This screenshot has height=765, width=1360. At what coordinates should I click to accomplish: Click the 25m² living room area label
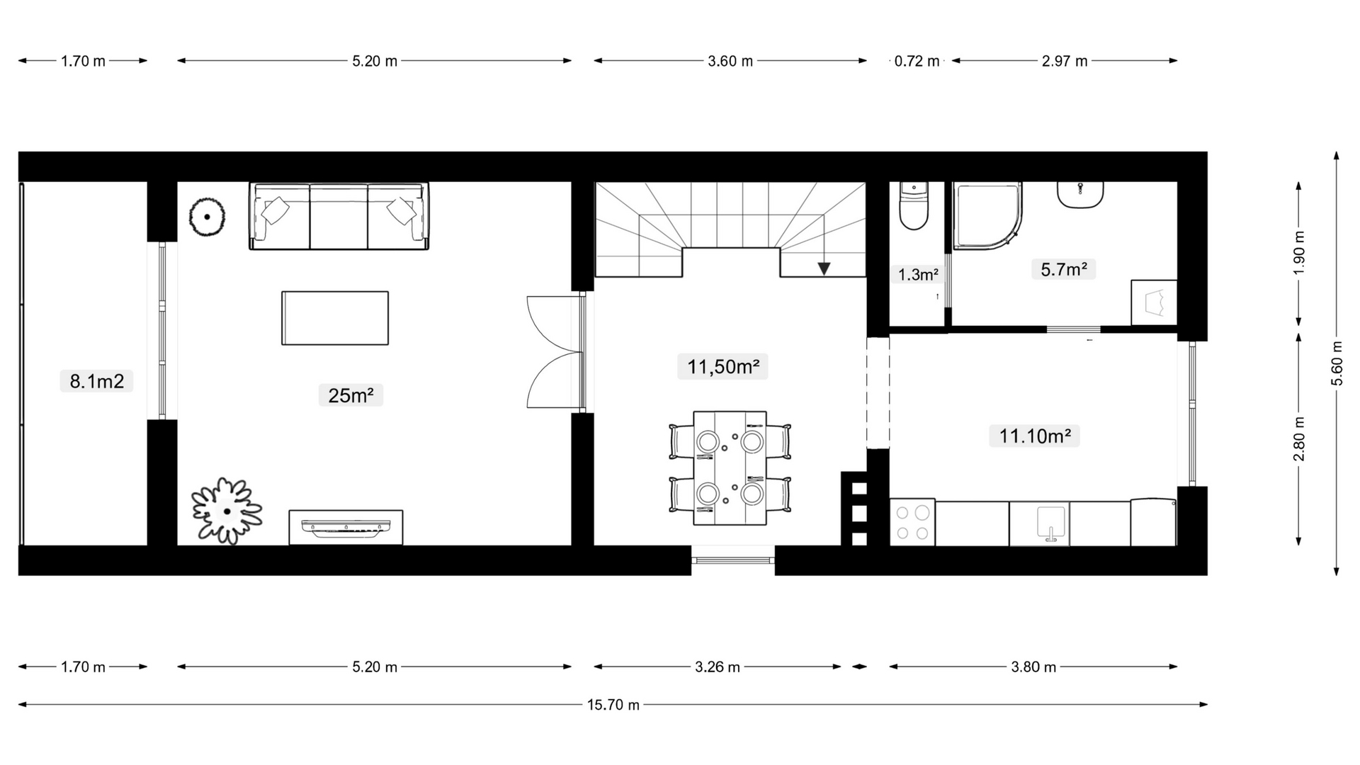(x=351, y=395)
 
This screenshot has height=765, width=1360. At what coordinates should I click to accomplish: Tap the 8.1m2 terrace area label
(x=96, y=381)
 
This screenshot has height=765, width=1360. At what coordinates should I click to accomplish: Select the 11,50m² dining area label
(x=722, y=367)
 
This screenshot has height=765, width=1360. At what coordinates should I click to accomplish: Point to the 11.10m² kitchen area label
(x=1034, y=436)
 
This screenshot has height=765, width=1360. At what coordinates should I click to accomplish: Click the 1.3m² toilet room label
(x=918, y=275)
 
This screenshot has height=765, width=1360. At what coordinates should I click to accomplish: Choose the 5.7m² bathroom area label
(x=1064, y=269)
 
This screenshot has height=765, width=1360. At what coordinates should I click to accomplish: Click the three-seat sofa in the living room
(x=339, y=215)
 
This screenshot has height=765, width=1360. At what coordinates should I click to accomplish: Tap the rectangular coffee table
(x=335, y=318)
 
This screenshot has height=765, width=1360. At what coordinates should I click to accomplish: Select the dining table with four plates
(x=730, y=467)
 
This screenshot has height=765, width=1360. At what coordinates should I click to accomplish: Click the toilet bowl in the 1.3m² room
(x=913, y=206)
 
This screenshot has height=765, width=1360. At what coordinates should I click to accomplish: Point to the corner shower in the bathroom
(x=987, y=216)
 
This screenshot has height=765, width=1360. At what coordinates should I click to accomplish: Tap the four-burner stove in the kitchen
(x=913, y=523)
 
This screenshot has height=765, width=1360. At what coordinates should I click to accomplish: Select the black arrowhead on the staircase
(x=824, y=268)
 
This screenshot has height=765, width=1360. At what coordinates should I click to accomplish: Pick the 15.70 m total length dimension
(x=613, y=705)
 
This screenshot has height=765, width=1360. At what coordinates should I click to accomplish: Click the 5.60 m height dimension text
(x=1337, y=363)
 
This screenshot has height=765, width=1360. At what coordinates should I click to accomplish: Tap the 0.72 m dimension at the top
(x=917, y=61)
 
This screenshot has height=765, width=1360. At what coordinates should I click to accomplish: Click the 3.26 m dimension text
(x=718, y=667)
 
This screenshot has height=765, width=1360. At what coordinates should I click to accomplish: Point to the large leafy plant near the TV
(x=227, y=511)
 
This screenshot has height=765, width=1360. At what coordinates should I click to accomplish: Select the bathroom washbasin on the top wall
(x=1080, y=195)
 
